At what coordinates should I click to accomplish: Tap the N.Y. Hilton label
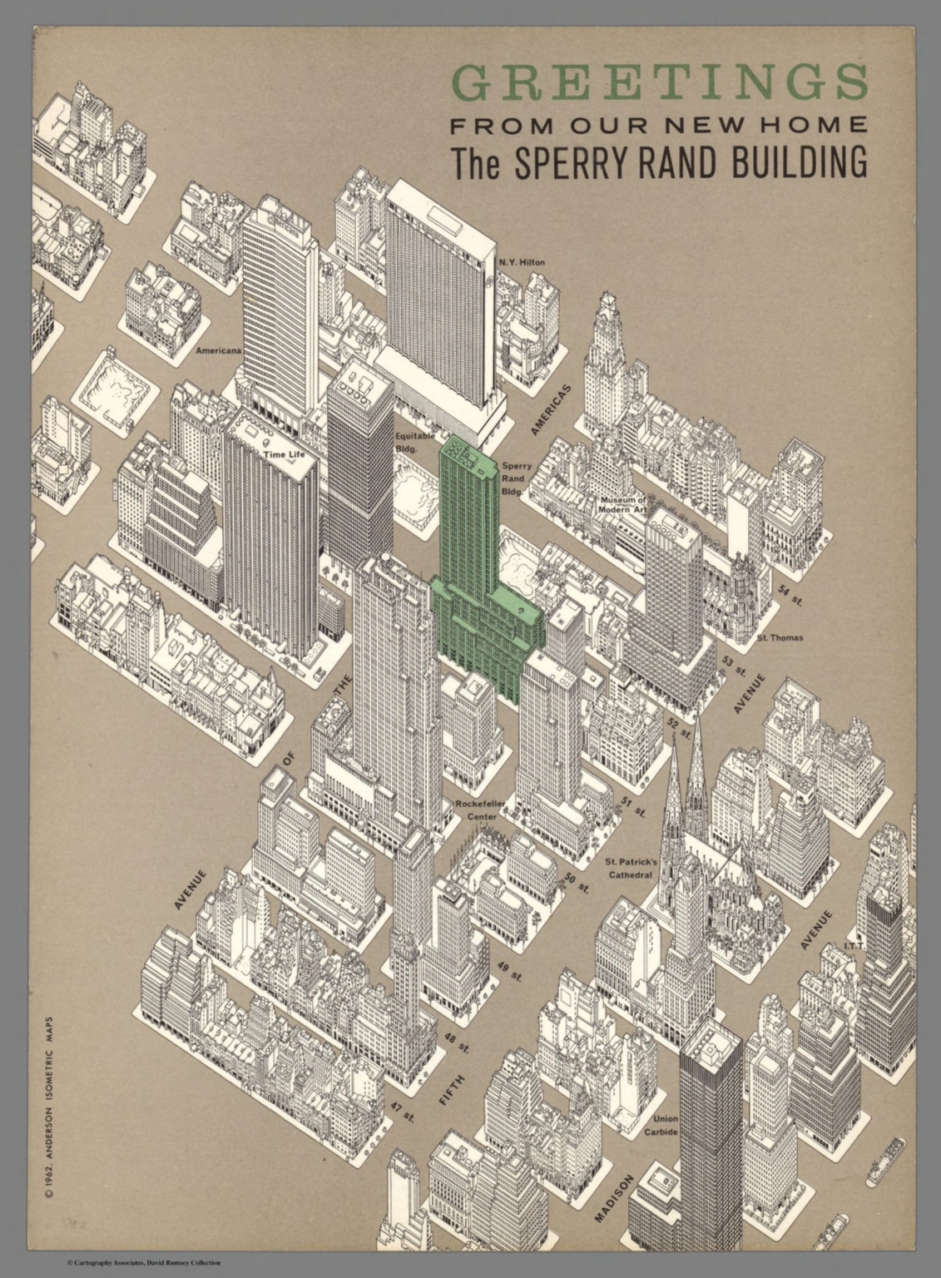click(523, 263)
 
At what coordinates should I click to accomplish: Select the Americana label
click(219, 351)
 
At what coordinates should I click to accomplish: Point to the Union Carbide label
click(666, 1125)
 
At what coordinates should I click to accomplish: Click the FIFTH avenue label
click(452, 1090)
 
